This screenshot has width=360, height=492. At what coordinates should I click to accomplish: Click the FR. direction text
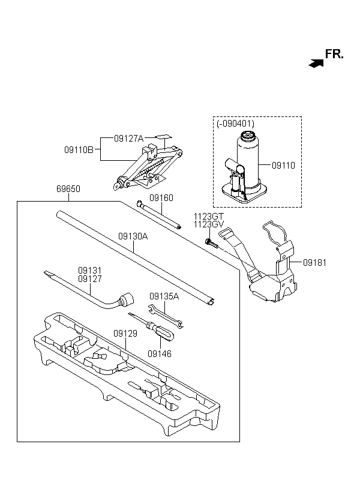click(x=334, y=54)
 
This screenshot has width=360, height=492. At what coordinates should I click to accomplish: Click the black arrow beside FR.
click(x=316, y=64)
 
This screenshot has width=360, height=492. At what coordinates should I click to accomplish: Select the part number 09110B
click(x=79, y=150)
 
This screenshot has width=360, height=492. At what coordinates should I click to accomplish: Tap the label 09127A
click(x=128, y=139)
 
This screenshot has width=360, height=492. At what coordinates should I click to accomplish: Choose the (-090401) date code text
click(x=235, y=124)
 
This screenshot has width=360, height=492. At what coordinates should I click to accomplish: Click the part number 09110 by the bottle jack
click(x=283, y=166)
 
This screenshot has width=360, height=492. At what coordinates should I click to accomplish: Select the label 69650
click(x=68, y=189)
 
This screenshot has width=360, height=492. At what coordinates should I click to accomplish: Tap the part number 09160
click(x=161, y=198)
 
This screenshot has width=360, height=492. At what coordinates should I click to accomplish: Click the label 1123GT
click(x=209, y=217)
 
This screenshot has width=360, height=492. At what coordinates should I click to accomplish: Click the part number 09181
click(x=314, y=263)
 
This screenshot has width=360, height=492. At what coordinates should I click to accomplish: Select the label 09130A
click(x=133, y=236)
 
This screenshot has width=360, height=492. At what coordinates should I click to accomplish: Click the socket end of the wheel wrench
click(x=127, y=299)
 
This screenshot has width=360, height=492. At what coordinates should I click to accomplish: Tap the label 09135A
click(x=164, y=296)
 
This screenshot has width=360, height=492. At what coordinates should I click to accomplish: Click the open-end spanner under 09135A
click(x=166, y=316)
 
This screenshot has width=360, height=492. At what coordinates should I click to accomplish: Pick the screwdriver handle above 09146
click(x=163, y=332)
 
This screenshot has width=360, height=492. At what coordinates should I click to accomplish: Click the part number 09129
click(x=125, y=334)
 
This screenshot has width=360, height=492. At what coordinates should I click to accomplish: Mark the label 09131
click(x=90, y=271)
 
